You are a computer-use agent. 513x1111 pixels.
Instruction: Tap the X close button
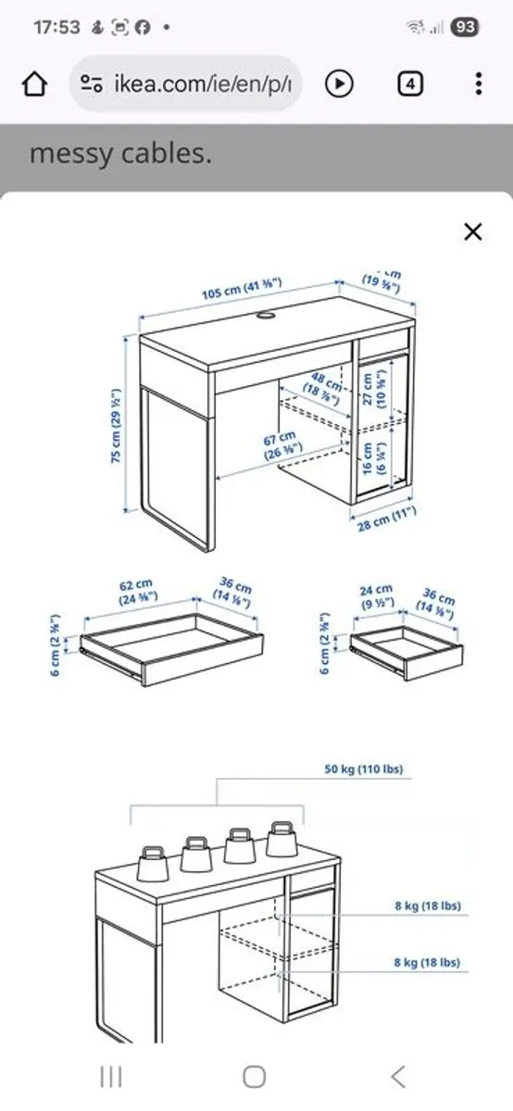[x=472, y=231]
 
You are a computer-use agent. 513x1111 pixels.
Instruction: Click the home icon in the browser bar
[x=34, y=84]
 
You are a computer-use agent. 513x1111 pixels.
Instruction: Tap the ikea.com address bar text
[x=203, y=84]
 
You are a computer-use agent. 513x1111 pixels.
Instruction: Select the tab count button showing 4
[x=410, y=84]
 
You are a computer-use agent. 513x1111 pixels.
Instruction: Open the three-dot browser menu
[x=478, y=84]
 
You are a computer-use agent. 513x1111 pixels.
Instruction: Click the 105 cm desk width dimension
[x=242, y=288]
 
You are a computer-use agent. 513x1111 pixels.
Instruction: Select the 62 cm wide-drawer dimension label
[x=135, y=592]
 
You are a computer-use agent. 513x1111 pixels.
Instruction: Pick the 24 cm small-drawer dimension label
[x=376, y=595]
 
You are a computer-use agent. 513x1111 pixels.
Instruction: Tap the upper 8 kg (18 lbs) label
[x=427, y=905]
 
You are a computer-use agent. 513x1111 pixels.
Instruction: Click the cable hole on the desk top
[x=267, y=318]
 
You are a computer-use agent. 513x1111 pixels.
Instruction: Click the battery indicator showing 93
[x=465, y=27]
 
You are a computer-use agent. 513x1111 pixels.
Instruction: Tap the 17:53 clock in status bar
[x=56, y=27]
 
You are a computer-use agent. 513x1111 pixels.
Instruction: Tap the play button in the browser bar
[x=340, y=84]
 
